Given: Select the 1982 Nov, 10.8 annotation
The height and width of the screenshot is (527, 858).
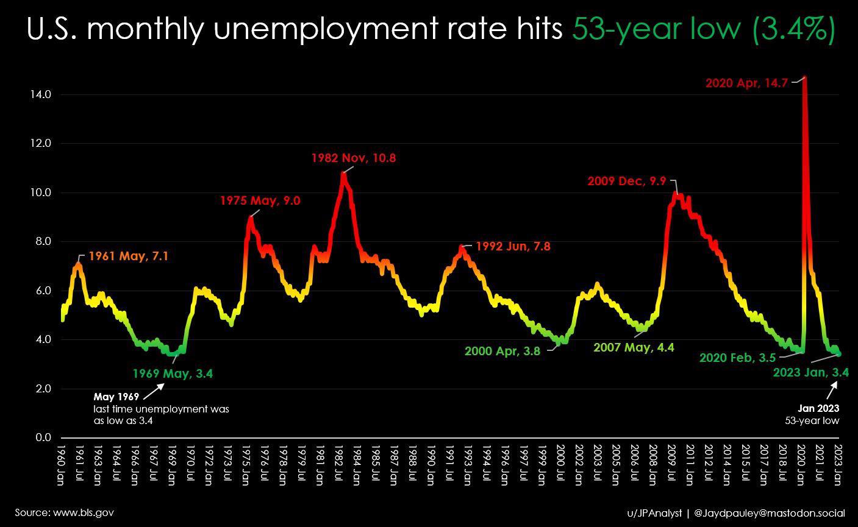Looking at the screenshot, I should tap(353, 158).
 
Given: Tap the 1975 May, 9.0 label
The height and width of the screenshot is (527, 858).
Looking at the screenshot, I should tap(260, 200).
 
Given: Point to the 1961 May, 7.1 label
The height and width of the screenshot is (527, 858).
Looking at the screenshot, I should tap(128, 256).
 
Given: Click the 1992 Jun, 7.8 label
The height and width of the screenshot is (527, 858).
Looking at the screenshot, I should tap(513, 246).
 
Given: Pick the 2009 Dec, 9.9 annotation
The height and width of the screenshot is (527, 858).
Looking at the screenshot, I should tap(627, 181).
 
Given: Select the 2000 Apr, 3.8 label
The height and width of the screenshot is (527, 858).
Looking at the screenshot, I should tap(502, 351).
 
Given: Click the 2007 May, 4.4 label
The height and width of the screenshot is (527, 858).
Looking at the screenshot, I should tap(634, 347).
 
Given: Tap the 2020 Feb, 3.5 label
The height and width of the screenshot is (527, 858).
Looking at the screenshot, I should tap(737, 358).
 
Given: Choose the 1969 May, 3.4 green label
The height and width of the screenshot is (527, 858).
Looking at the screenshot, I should tap(173, 373).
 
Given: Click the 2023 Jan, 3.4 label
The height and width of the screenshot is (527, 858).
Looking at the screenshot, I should tap(810, 372).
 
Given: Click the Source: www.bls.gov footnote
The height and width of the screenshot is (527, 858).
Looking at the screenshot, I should tap(64, 512).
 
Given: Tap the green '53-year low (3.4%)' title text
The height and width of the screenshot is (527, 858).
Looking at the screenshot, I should tap(703, 29).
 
